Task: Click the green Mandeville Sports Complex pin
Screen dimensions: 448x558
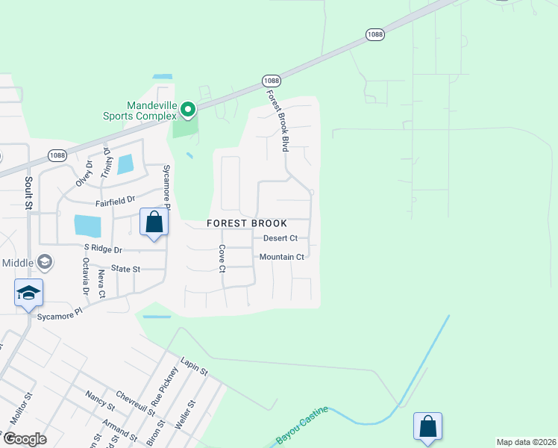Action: (x=188, y=111)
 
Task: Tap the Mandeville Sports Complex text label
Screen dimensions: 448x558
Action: (x=140, y=111)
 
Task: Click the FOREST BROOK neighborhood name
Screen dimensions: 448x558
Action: (x=247, y=223)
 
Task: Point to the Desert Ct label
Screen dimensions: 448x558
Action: (x=280, y=238)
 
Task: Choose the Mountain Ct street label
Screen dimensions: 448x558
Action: (x=281, y=257)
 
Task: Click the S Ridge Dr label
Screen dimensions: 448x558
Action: (x=102, y=248)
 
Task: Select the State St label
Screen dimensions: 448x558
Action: (x=125, y=268)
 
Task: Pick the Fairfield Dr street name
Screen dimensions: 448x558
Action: (x=115, y=201)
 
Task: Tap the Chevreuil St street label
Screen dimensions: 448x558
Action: (x=134, y=402)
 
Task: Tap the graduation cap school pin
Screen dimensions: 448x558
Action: (x=28, y=293)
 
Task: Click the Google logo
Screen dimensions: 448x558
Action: (x=25, y=439)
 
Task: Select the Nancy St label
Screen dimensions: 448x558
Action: (x=99, y=401)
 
